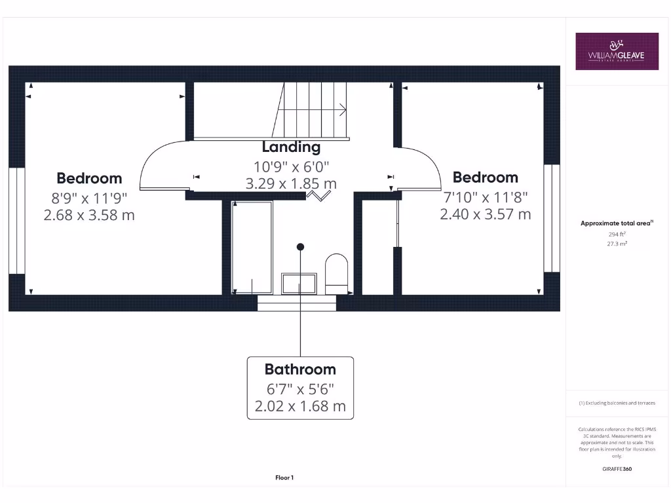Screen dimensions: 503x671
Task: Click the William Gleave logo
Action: click(617, 51)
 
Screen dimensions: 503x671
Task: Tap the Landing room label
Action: click(291, 147)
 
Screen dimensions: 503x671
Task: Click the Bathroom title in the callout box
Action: click(300, 369)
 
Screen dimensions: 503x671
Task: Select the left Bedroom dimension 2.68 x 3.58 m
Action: click(89, 214)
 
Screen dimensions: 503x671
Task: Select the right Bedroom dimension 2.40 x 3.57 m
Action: click(485, 214)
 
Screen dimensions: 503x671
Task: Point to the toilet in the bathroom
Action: click(337, 273)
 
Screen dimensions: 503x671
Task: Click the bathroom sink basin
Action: click(299, 284)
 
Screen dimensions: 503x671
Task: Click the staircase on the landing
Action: click(312, 109)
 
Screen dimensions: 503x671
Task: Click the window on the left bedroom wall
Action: click(17, 221)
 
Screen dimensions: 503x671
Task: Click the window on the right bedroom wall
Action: click(552, 217)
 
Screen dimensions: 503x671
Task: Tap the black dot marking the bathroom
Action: click(300, 247)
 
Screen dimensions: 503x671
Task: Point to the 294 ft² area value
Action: click(617, 234)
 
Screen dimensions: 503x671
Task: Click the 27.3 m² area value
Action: click(617, 242)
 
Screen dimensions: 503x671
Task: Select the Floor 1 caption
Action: click(284, 478)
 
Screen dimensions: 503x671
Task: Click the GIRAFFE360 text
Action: click(617, 469)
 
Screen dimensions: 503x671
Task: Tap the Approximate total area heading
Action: click(616, 223)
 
